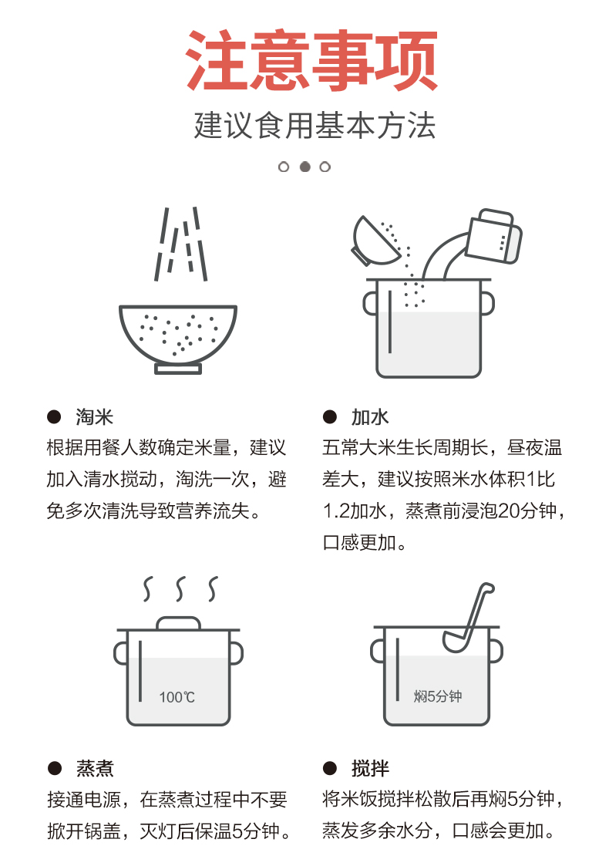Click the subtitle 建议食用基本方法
(315, 125)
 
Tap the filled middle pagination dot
(304, 167)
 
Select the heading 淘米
(94, 416)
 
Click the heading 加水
(370, 416)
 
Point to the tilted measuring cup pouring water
(493, 237)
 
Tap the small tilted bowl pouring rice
(375, 241)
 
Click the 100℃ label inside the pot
(177, 697)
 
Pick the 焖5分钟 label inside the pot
(438, 696)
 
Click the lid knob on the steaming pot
(178, 623)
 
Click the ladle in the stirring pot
(468, 618)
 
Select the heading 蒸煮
(94, 768)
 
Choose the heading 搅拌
(370, 768)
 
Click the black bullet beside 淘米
(54, 416)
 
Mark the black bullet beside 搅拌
(330, 768)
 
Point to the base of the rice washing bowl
(178, 369)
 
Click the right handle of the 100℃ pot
(237, 653)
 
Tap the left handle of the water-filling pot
(370, 303)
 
